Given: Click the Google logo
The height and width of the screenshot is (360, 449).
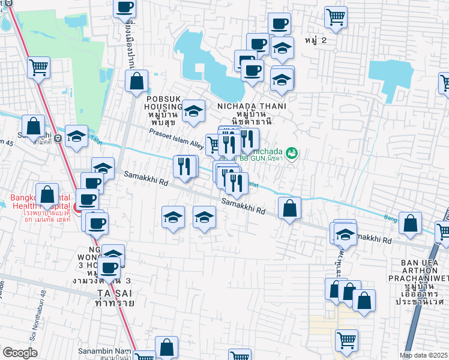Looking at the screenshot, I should pyautogui.click(x=20, y=353).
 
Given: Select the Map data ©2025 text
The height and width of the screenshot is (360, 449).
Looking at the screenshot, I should pyautogui.click(x=424, y=355).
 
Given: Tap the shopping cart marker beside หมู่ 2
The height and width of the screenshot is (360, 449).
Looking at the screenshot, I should pyautogui.click(x=336, y=17).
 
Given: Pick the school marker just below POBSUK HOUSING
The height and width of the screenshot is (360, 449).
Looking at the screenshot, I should pyautogui.click(x=193, y=111).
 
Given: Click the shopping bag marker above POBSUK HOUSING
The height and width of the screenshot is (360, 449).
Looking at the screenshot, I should pyautogui.click(x=137, y=80).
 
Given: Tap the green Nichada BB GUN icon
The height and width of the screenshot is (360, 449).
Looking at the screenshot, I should pyautogui.click(x=292, y=154).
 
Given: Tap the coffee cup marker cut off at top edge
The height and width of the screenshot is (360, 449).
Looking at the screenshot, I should pyautogui.click(x=124, y=7).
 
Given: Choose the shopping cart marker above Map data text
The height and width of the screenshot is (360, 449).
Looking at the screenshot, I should pyautogui.click(x=346, y=340).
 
